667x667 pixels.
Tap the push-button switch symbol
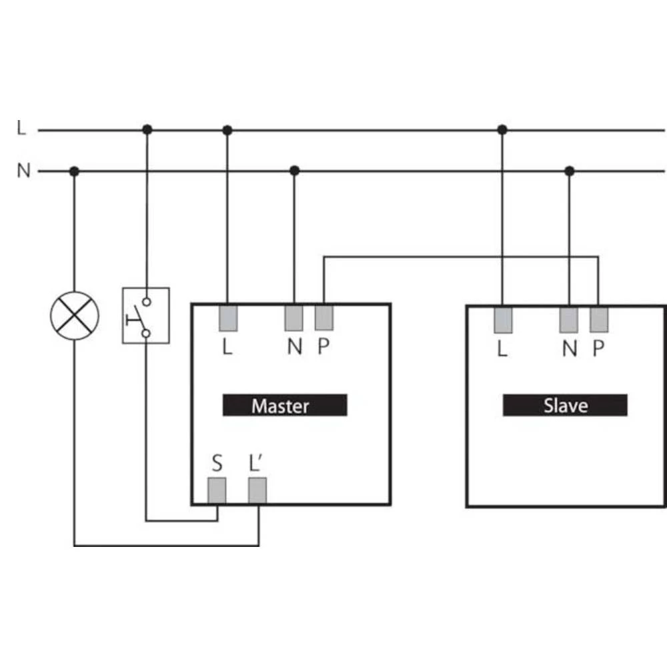[146, 315]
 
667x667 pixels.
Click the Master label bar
[285, 405]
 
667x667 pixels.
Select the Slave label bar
[565, 405]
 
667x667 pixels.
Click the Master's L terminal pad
[228, 317]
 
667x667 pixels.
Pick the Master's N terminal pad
[294, 317]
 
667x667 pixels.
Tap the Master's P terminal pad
[324, 317]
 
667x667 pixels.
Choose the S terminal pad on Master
[217, 490]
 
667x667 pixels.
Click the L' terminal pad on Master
[257, 490]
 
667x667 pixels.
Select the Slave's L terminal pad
[503, 320]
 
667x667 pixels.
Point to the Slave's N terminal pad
[569, 320]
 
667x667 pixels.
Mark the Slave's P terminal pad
[599, 319]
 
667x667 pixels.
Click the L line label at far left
[21, 127]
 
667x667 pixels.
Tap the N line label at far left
[23, 171]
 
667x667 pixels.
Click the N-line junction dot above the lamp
[74, 171]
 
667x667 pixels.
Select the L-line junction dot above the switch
[147, 129]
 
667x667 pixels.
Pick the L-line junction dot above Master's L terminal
[227, 130]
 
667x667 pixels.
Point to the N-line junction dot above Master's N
[294, 171]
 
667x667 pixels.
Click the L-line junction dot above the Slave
[502, 129]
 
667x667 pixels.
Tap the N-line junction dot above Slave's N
[570, 171]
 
